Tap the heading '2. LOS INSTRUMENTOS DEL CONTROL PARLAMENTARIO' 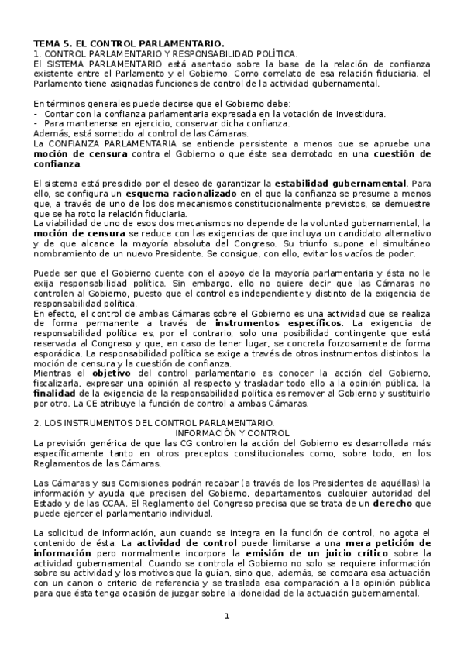pos(151,423)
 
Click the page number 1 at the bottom pos(227,616)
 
